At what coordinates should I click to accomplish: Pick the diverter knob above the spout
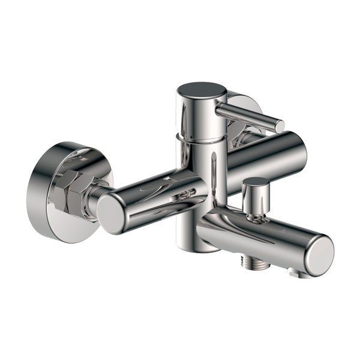[x=256, y=182]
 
